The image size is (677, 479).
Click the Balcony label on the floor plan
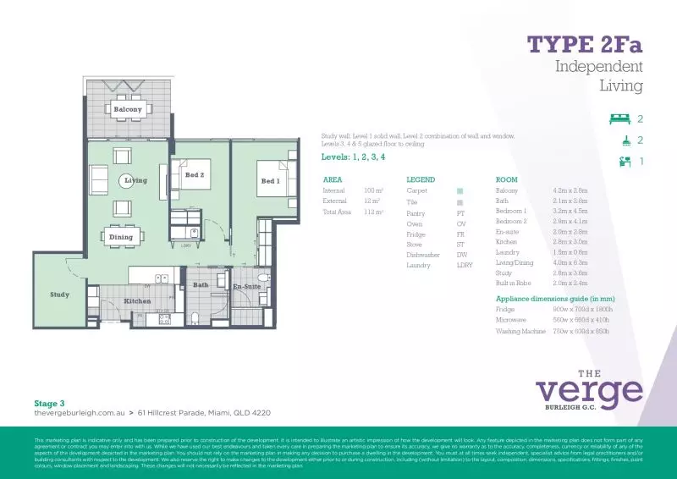(128, 110)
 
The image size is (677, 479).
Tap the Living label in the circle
(135, 180)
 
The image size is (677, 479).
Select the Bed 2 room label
(195, 174)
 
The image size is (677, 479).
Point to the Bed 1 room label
(270, 181)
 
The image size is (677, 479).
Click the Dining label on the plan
(121, 237)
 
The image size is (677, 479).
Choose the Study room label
(59, 295)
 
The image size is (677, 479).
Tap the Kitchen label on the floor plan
(137, 300)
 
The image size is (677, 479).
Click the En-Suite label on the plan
(246, 288)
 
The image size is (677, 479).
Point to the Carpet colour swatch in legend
(460, 191)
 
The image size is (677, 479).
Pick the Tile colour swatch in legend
(460, 203)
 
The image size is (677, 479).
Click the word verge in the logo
(589, 390)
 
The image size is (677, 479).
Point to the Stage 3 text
(49, 404)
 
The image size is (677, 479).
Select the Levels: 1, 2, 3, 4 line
(354, 157)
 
